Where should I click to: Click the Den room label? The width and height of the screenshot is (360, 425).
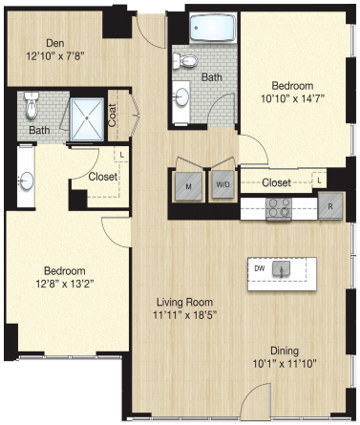click(x=55, y=43)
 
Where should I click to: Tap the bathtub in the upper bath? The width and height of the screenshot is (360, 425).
click(x=213, y=28)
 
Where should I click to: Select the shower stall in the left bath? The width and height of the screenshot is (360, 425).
click(x=87, y=119)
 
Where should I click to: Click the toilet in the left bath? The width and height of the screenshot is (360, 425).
click(x=32, y=105)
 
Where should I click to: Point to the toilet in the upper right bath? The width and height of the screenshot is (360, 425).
click(x=185, y=60)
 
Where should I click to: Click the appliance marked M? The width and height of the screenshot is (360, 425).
click(x=188, y=186)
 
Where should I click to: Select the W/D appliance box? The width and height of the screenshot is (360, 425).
click(x=222, y=184)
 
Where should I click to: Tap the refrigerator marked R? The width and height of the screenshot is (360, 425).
click(x=330, y=206)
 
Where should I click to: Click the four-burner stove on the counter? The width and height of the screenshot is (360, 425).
click(x=279, y=208)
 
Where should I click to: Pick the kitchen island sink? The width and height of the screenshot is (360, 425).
click(x=282, y=269)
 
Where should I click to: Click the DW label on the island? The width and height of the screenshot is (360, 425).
click(x=260, y=268)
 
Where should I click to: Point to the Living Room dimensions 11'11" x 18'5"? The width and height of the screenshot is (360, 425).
click(x=185, y=315)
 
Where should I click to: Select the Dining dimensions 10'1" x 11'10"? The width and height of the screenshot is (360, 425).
click(x=285, y=363)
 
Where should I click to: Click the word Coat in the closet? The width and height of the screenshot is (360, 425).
click(x=112, y=116)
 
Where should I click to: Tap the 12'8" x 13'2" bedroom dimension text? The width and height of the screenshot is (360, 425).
click(x=65, y=284)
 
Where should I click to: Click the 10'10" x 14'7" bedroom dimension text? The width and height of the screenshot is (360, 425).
click(x=292, y=98)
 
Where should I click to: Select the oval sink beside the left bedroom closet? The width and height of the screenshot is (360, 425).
click(x=26, y=181)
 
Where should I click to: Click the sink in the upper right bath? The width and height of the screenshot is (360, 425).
click(x=181, y=96)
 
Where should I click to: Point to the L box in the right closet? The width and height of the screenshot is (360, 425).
click(x=319, y=181)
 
